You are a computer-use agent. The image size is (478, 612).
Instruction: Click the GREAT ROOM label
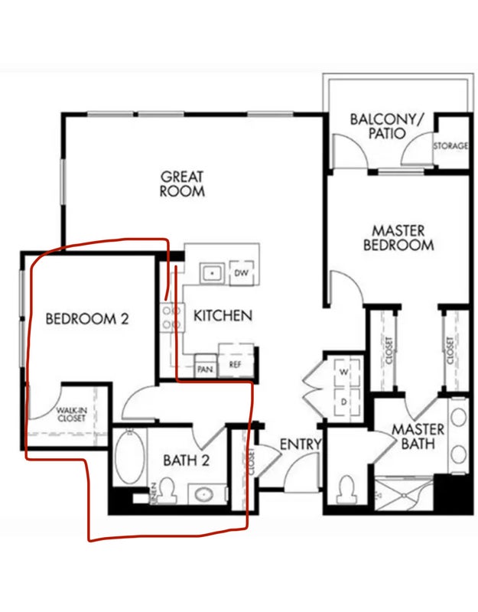pyautogui.click(x=182, y=184)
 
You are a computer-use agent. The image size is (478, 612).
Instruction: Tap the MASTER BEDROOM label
pyautogui.click(x=398, y=238)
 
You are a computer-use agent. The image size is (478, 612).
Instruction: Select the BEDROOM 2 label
pyautogui.click(x=87, y=319)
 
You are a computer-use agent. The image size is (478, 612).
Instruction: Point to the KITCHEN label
pyautogui.click(x=223, y=315)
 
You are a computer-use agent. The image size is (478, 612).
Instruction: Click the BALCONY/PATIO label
pyautogui.click(x=386, y=126)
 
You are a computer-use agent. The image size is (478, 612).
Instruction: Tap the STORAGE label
pyautogui.click(x=450, y=145)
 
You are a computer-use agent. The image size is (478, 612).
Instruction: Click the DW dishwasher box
pyautogui.click(x=242, y=273)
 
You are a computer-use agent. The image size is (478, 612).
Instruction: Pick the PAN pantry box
pyautogui.click(x=205, y=366)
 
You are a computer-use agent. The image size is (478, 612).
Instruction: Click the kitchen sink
pyautogui.click(x=213, y=273)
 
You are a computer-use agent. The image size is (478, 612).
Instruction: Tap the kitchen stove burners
pyautogui.click(x=172, y=317)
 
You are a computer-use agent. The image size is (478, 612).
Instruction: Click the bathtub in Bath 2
pyautogui.click(x=130, y=457)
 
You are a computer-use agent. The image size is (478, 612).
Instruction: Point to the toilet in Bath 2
pyautogui.click(x=167, y=490)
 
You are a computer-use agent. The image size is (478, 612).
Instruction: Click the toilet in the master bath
pyautogui.click(x=346, y=490)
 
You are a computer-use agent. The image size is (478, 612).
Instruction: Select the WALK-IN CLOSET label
pyautogui.click(x=71, y=414)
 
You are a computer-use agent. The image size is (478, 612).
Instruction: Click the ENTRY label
pyautogui.click(x=300, y=444)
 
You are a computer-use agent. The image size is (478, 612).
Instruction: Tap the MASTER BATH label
pyautogui.click(x=418, y=436)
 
